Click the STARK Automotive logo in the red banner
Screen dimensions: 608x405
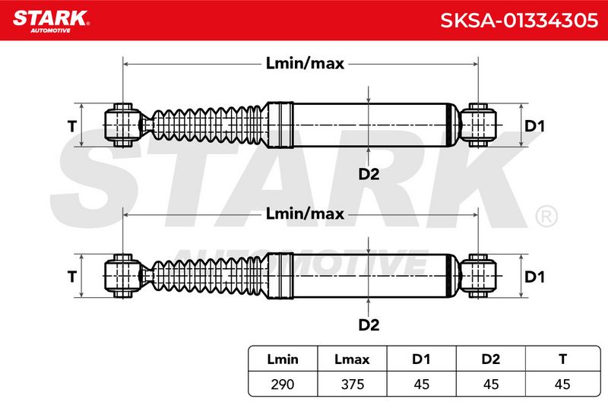pyautogui.click(x=51, y=21)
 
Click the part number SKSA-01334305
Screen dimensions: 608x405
pyautogui.click(x=519, y=21)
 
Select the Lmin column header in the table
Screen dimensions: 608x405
pyautogui.click(x=283, y=359)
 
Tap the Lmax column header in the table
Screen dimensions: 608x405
pyautogui.click(x=352, y=359)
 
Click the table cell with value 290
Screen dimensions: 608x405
pyautogui.click(x=283, y=384)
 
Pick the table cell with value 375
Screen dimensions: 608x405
pyautogui.click(x=353, y=384)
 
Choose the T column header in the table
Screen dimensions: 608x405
pyautogui.click(x=562, y=359)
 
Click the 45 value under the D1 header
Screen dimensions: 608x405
pyautogui.click(x=422, y=384)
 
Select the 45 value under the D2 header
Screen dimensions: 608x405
pyautogui.click(x=491, y=384)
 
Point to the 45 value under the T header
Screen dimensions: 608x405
pyautogui.click(x=562, y=384)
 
